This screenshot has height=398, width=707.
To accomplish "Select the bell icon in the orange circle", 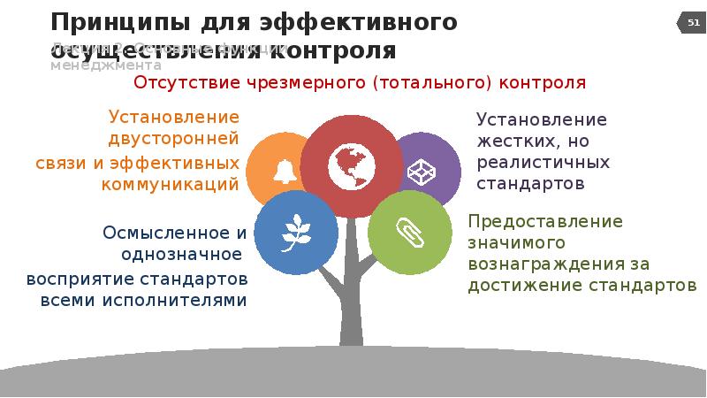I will [x=285, y=171].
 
